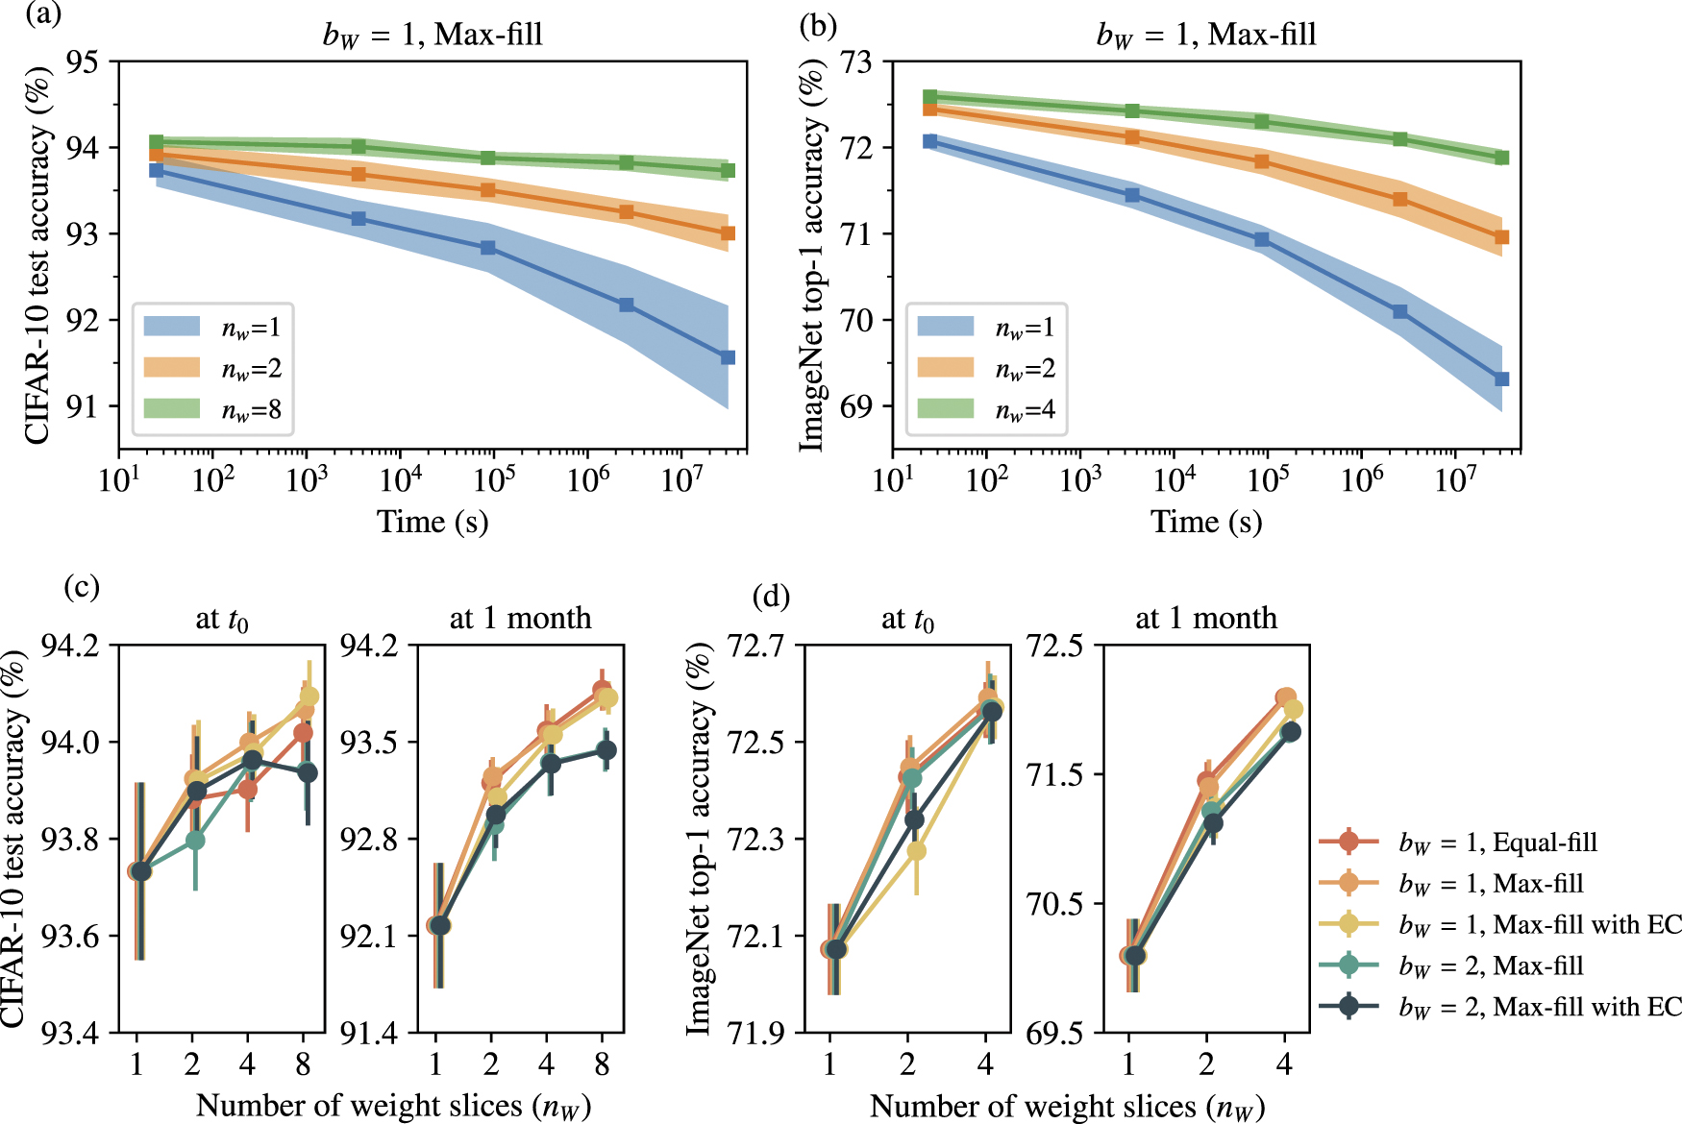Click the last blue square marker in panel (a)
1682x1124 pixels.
click(x=728, y=357)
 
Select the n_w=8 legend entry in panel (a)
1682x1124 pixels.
click(x=212, y=410)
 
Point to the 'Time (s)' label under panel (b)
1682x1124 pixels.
click(x=1206, y=522)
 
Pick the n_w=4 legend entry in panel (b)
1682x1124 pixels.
click(x=986, y=410)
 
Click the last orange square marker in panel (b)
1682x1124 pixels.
click(x=1501, y=237)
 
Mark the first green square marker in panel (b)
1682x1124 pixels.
click(x=929, y=97)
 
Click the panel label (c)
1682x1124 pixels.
click(x=82, y=586)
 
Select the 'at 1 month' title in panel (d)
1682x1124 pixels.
click(x=1206, y=618)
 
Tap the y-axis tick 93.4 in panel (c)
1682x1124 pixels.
click(x=69, y=1034)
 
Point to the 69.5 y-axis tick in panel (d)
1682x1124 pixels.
click(x=1055, y=1034)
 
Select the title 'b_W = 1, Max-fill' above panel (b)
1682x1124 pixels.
click(x=1206, y=35)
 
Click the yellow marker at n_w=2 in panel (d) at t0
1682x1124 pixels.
click(x=916, y=851)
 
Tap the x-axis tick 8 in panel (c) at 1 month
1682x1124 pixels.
click(x=602, y=1064)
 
